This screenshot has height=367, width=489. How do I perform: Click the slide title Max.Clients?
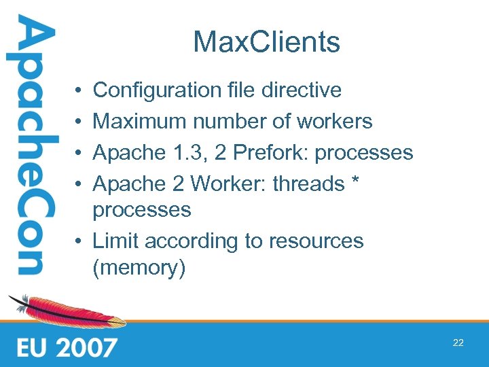point(266,43)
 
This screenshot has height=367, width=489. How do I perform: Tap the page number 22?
point(458,343)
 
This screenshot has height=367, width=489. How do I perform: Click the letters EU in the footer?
point(32,347)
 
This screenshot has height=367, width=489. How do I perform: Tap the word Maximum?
point(140,122)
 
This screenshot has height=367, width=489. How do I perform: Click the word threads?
point(308,183)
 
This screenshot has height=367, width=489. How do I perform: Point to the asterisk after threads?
point(357,181)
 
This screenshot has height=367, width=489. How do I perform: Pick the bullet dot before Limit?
point(80,242)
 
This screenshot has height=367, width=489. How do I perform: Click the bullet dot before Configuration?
point(80,90)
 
